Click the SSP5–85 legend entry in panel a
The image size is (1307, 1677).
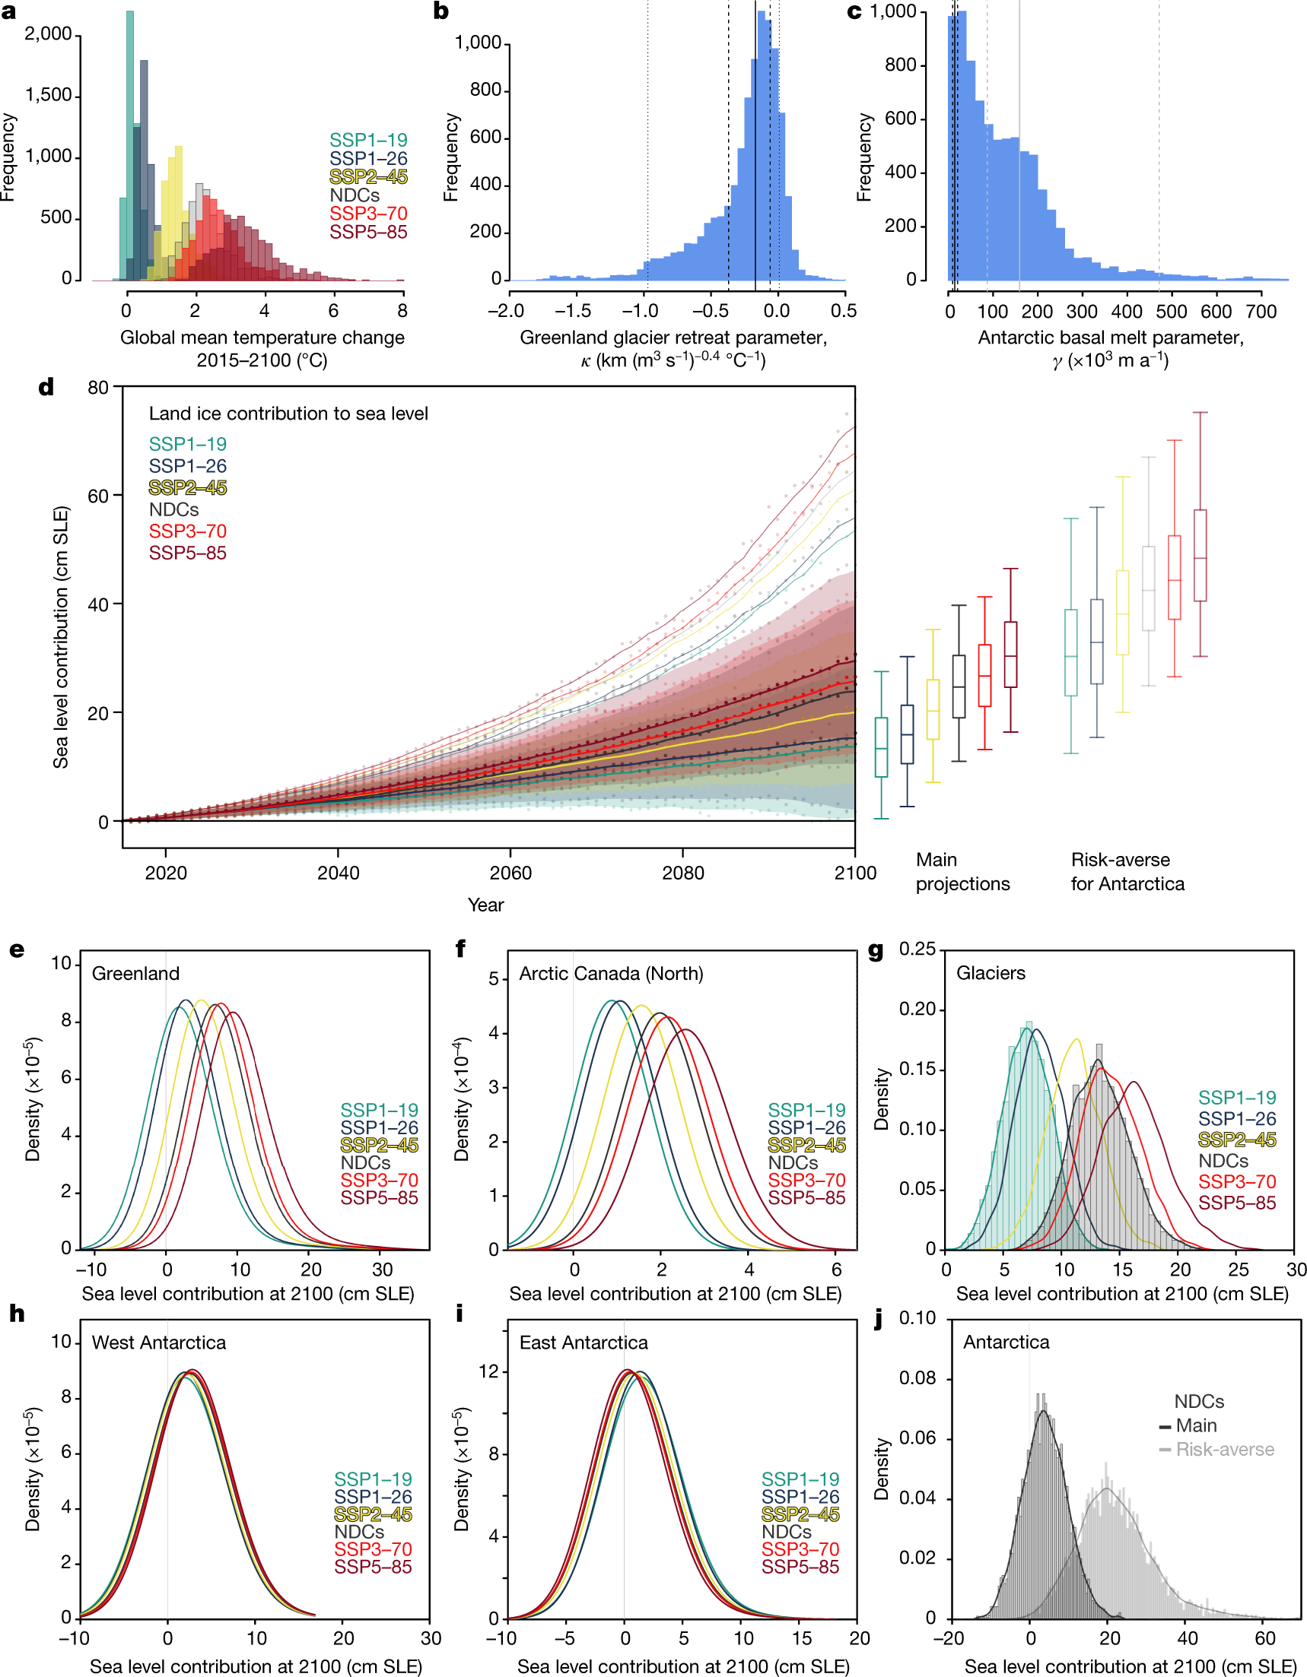(x=368, y=232)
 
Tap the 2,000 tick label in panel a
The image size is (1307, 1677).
(x=48, y=33)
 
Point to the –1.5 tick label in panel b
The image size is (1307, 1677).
(x=572, y=311)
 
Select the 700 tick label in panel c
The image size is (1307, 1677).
(x=1261, y=311)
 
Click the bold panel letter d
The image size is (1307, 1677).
(x=46, y=387)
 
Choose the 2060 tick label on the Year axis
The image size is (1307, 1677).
(x=510, y=873)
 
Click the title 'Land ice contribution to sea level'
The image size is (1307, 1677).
(x=288, y=414)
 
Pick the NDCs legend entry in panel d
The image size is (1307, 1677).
(x=173, y=510)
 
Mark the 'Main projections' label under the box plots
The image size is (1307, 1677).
(x=962, y=871)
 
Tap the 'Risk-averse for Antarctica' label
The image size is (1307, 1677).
(x=1127, y=871)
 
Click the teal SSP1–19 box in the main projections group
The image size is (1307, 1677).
(x=881, y=747)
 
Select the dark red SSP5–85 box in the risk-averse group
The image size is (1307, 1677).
(x=1200, y=555)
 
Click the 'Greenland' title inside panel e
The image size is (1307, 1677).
(x=135, y=974)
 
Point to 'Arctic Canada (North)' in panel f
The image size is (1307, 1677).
(x=611, y=974)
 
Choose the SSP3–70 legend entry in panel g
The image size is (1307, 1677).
(x=1236, y=1182)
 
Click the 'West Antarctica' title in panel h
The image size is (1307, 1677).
(x=159, y=1343)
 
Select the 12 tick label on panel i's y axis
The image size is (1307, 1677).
(x=489, y=1372)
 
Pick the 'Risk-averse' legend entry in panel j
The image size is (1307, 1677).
(x=1224, y=1450)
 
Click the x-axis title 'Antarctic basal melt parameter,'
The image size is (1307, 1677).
(x=1110, y=338)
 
